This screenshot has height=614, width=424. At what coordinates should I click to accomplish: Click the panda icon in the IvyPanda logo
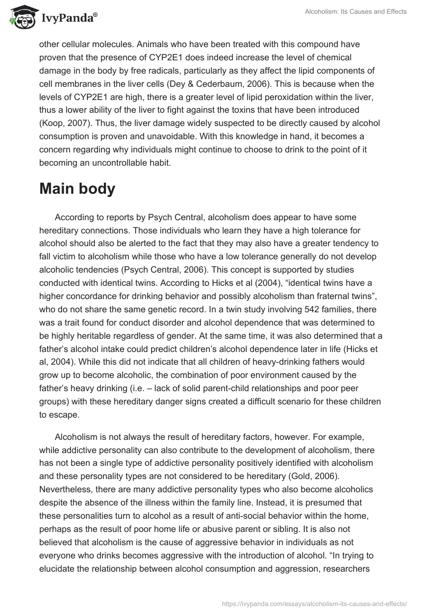coord(22,17)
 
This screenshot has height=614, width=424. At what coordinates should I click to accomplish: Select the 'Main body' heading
coord(77,189)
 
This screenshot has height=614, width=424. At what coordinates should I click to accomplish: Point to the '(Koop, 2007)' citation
coord(62,123)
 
